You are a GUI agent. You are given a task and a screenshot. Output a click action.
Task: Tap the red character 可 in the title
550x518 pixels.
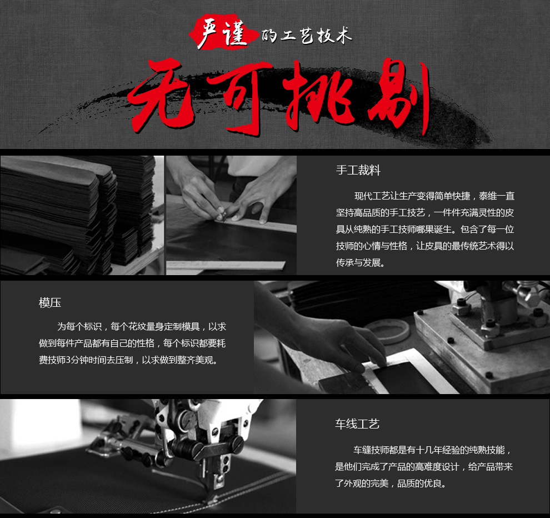click(x=240, y=98)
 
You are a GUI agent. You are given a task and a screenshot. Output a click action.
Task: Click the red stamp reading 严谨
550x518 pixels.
click(x=222, y=32)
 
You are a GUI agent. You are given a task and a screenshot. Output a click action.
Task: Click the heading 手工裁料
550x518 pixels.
click(x=358, y=170)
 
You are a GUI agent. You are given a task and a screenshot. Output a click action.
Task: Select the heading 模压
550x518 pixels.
click(x=50, y=302)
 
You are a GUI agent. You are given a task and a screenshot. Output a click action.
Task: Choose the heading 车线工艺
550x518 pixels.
click(x=357, y=424)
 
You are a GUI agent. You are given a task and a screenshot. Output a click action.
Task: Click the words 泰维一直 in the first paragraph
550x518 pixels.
click(x=497, y=196)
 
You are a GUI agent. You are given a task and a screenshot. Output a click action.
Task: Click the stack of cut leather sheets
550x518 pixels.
click(x=77, y=215)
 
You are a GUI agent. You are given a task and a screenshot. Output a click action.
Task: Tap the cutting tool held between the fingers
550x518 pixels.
click(x=221, y=212)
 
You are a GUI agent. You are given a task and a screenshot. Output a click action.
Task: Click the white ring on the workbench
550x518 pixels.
click(x=387, y=331)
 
